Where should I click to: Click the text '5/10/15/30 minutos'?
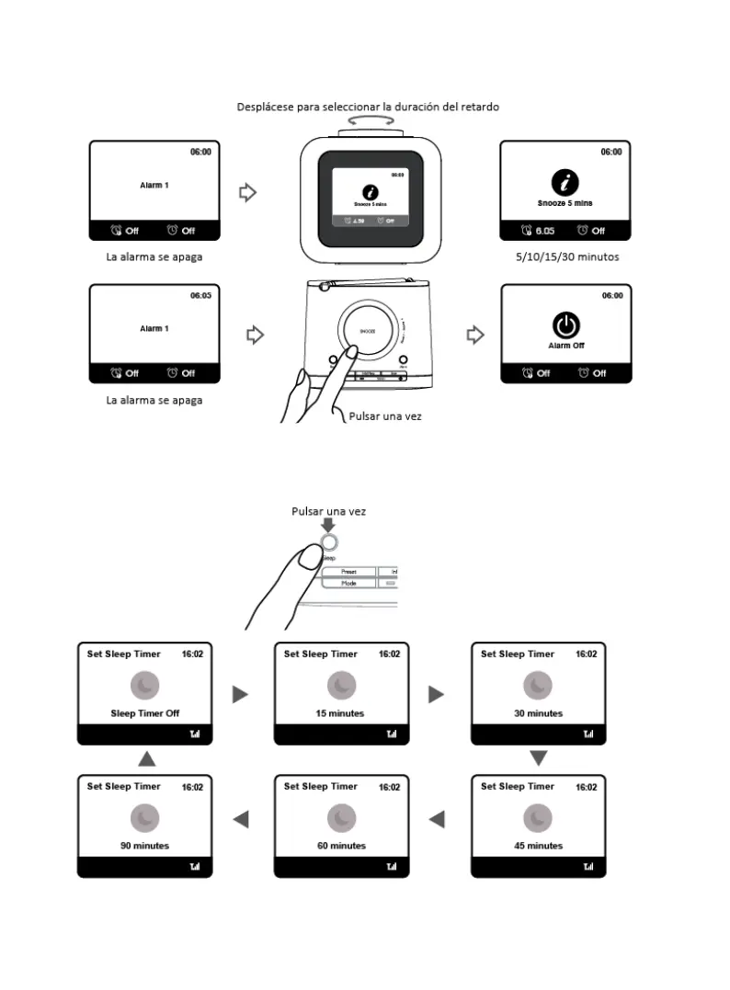click(x=567, y=256)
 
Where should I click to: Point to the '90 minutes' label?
click(x=144, y=846)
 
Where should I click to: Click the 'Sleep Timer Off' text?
click(x=144, y=713)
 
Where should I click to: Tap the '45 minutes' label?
click(x=538, y=846)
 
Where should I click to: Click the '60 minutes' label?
click(x=341, y=846)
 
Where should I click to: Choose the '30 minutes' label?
click(x=538, y=713)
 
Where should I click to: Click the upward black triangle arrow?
click(x=145, y=758)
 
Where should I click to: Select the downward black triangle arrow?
click(x=539, y=758)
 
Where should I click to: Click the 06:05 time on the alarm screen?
click(x=200, y=295)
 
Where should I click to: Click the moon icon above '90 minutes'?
click(x=144, y=817)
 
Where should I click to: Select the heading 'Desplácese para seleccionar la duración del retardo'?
click(x=368, y=107)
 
